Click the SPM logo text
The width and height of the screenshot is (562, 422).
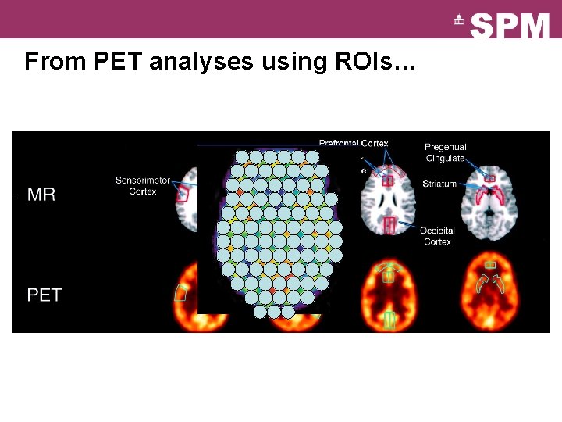[510, 25]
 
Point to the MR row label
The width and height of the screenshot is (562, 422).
[41, 194]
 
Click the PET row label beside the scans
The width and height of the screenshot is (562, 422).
[44, 295]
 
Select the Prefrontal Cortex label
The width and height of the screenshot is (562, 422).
[354, 144]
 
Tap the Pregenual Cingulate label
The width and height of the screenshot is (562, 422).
[446, 152]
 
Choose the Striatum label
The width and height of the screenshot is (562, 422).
[441, 184]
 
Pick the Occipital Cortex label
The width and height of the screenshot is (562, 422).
[437, 236]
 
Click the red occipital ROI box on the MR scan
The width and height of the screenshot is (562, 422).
[389, 225]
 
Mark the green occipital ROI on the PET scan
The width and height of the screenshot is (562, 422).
[389, 320]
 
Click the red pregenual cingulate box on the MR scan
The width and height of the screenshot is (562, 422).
[490, 178]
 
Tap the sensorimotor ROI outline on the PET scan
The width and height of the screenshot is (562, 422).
[181, 294]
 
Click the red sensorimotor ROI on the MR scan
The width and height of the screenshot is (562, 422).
[183, 194]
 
